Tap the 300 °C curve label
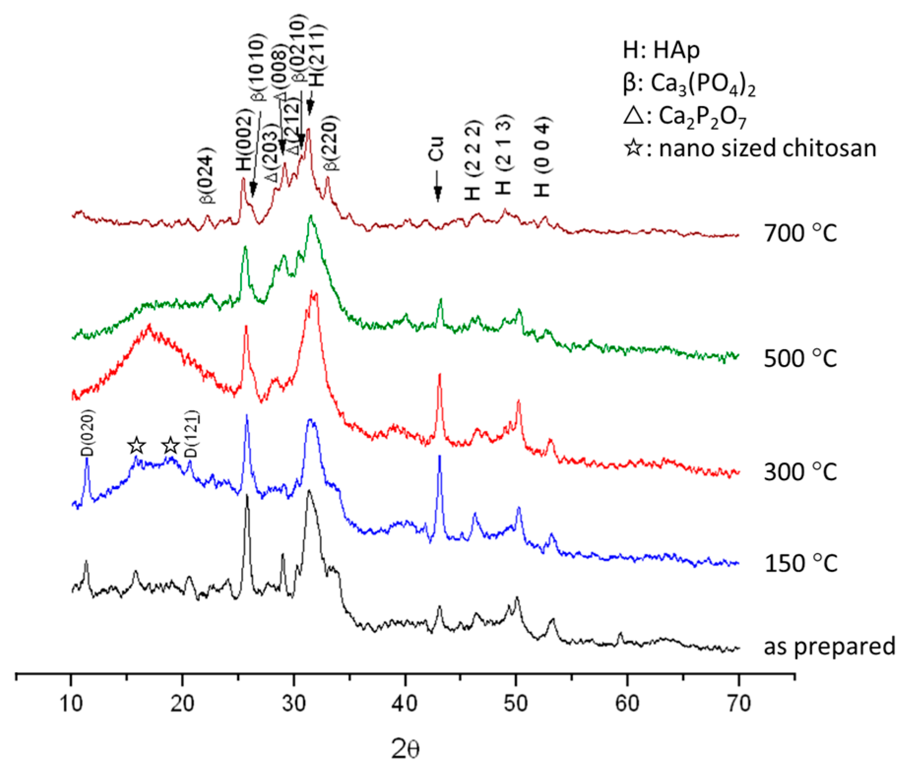(x=800, y=472)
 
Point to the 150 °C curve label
(x=800, y=563)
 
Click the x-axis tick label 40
(x=405, y=704)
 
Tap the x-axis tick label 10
(x=71, y=704)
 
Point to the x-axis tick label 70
(x=738, y=704)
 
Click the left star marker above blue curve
(x=137, y=446)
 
